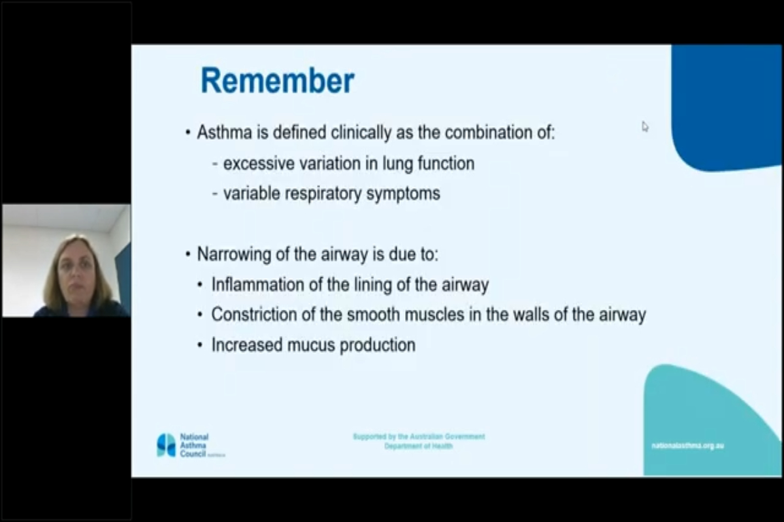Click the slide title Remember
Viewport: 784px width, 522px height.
(277, 81)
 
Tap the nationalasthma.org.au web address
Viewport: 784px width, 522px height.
(687, 446)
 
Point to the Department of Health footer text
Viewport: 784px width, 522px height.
(418, 446)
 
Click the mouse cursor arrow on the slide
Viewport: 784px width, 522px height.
(645, 127)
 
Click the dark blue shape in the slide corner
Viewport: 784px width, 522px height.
(725, 104)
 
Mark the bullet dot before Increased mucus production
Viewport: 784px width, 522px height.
(200, 345)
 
